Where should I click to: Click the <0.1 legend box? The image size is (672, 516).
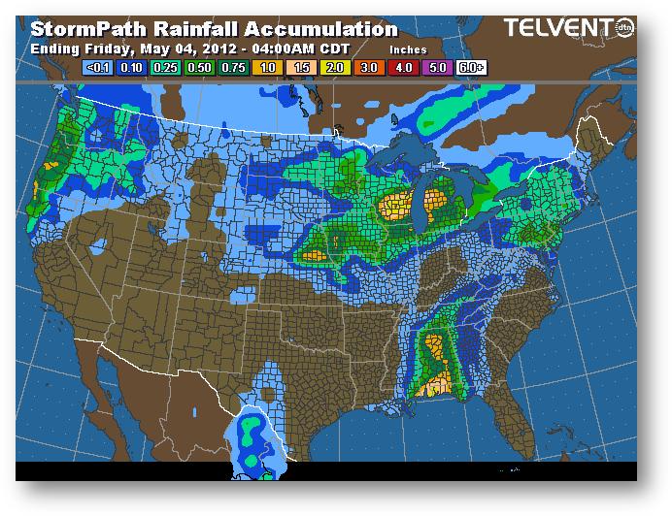97,68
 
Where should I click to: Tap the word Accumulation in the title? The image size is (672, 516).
326,30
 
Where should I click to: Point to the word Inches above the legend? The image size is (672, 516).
408,49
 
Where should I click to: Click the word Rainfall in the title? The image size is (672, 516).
198,30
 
